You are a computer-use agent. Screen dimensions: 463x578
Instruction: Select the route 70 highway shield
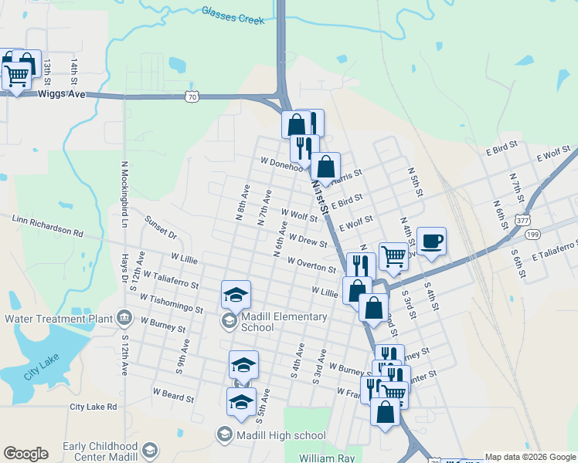[192, 96]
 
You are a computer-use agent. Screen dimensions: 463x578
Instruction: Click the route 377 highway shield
[523, 220]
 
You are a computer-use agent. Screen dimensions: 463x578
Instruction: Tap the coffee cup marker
[431, 241]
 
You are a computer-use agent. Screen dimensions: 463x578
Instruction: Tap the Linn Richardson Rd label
[47, 231]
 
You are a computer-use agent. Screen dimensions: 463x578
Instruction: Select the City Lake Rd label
[93, 407]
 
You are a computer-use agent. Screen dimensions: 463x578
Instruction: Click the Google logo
[25, 454]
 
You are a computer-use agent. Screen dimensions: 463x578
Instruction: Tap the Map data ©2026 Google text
[531, 457]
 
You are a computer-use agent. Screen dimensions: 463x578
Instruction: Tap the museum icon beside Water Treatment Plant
[123, 318]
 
